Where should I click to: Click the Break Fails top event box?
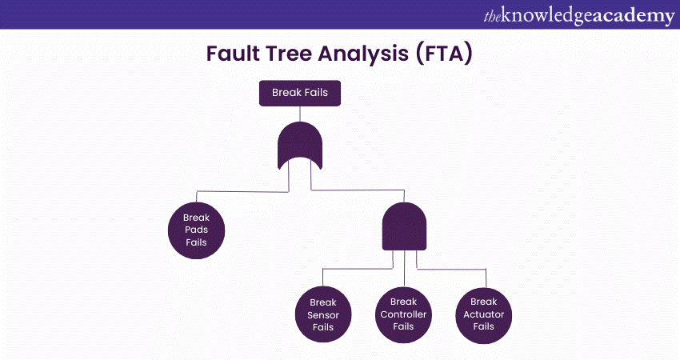coord(300,94)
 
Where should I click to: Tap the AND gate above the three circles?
coord(405,226)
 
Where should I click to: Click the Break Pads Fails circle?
coord(196,230)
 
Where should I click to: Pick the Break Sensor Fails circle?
coord(323,314)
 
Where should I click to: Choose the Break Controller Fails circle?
coord(404,314)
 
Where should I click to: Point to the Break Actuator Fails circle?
coord(484,314)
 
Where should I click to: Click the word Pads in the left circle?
coord(196,230)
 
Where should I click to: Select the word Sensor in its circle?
coord(323,314)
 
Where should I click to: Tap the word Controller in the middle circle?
coord(404,314)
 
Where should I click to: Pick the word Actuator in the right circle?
coord(484,314)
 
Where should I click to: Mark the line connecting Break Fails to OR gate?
coord(300,114)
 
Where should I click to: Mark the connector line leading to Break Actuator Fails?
coord(456,270)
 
